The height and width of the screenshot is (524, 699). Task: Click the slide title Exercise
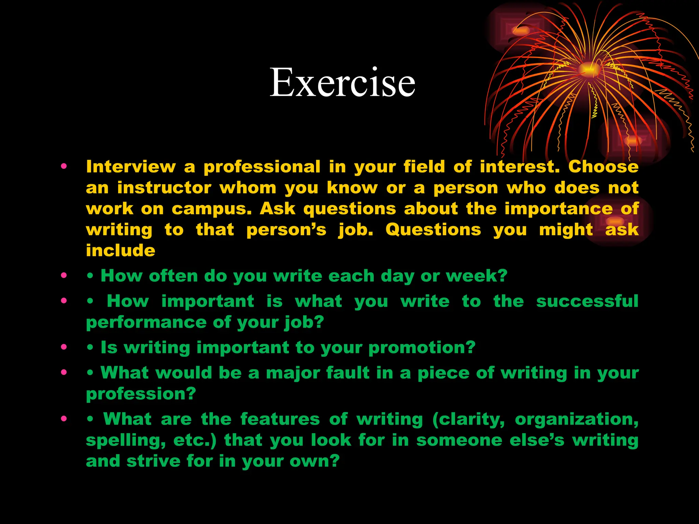point(342,83)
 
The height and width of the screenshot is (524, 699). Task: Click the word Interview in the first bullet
point(131,167)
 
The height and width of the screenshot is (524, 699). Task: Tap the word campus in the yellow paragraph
point(211,209)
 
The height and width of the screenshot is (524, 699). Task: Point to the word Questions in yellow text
point(433,230)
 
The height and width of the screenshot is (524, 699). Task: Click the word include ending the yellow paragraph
point(120,251)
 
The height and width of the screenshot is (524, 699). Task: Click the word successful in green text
point(587,301)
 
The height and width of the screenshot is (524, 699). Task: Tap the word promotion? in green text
point(422,348)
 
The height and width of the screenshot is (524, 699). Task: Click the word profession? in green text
point(141,394)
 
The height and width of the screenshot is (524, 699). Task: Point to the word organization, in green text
point(576,420)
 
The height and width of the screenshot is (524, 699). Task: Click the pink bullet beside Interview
point(64,167)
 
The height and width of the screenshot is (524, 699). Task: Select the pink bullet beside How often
point(64,276)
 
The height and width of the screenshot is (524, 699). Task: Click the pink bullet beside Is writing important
point(64,347)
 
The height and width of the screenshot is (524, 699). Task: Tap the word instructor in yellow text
point(164,188)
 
